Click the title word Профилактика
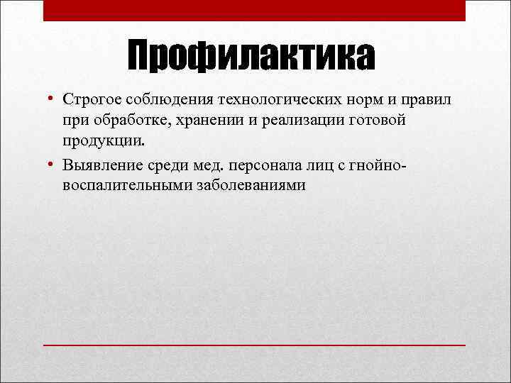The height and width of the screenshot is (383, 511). coord(251,57)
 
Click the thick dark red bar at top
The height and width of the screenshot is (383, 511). coord(254,10)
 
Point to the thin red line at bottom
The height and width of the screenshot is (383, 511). coord(254,344)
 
